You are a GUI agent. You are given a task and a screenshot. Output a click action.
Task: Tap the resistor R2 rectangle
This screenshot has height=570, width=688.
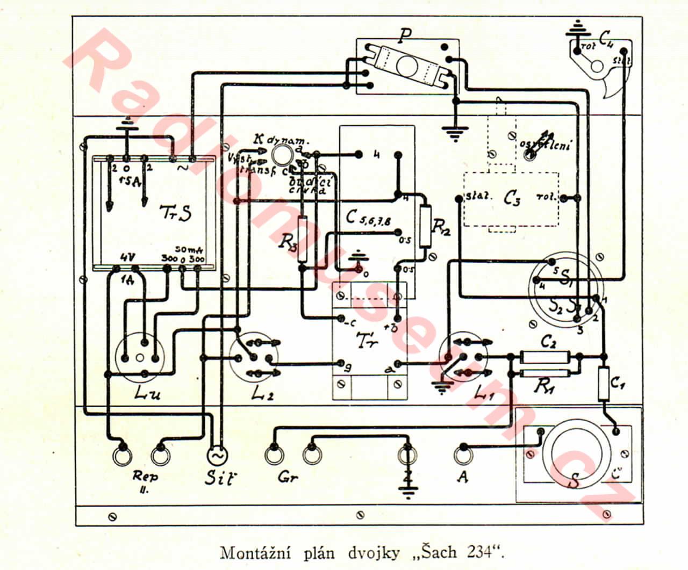pos(426,226)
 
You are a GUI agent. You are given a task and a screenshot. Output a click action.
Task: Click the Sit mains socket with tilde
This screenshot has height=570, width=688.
pos(218,456)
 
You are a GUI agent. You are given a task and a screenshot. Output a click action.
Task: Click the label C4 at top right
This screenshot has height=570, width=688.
pos(607,38)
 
